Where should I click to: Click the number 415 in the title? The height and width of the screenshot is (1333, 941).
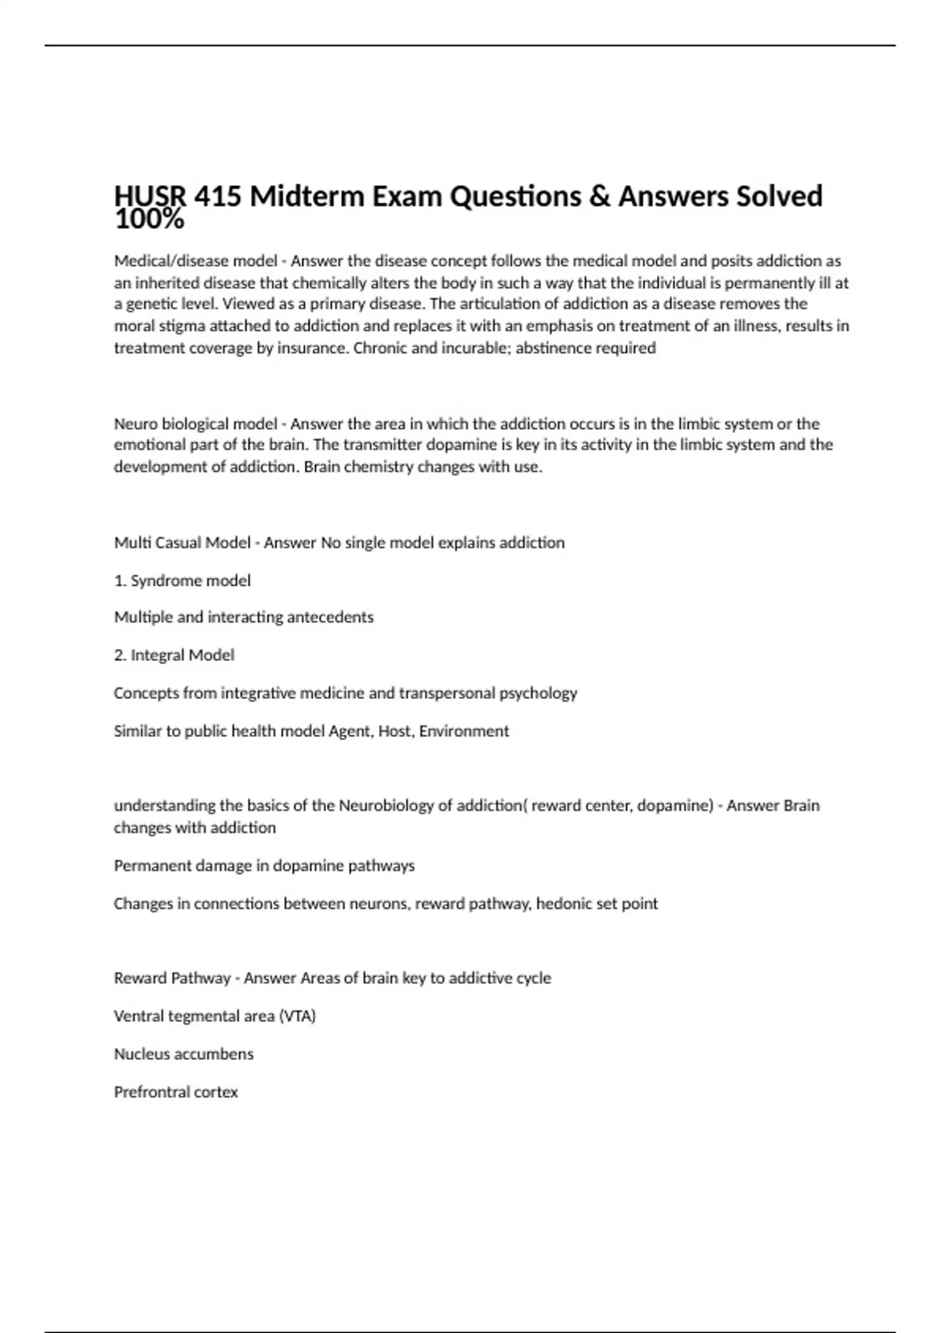click(x=217, y=196)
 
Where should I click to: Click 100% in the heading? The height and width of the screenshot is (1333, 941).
click(x=149, y=220)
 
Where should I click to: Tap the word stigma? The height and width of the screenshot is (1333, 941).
click(x=180, y=326)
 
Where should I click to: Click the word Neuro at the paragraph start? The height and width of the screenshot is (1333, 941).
click(x=136, y=424)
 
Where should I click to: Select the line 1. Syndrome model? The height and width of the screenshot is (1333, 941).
click(x=182, y=581)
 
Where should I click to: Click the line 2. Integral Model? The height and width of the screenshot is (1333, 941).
click(x=174, y=656)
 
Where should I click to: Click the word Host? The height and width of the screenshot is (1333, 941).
click(x=394, y=732)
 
